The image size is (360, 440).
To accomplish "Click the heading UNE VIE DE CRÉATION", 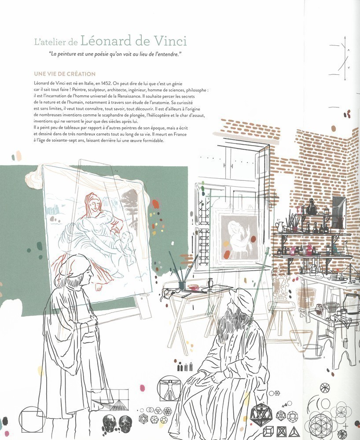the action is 65,74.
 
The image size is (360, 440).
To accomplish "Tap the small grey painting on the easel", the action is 239,238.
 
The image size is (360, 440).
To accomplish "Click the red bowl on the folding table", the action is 193,287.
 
